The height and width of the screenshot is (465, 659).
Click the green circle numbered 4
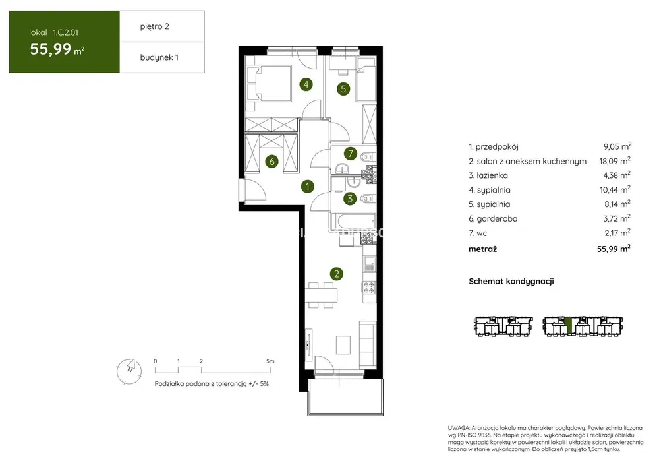306,84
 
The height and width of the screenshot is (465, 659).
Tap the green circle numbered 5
343,89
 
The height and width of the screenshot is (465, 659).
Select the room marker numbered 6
272,161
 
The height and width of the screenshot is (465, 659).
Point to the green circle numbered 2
336,274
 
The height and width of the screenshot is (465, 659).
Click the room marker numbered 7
350,154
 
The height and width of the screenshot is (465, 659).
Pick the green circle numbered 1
308,187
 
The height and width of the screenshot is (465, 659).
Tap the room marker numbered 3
350,199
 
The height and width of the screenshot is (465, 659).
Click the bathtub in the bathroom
353,221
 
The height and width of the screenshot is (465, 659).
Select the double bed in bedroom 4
269,83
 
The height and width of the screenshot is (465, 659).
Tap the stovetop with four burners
369,288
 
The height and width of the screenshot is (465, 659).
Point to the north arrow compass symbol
129,371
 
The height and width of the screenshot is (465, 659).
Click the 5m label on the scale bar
270,361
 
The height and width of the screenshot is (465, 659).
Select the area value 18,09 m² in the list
615,161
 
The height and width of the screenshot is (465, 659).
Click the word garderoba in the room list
497,218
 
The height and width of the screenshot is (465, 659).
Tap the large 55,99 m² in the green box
57,49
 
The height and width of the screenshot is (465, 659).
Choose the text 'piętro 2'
155,26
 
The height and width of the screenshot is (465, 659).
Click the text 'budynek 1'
159,57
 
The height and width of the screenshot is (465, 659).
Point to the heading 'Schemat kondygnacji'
511,281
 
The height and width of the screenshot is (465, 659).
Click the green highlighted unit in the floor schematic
569,325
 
